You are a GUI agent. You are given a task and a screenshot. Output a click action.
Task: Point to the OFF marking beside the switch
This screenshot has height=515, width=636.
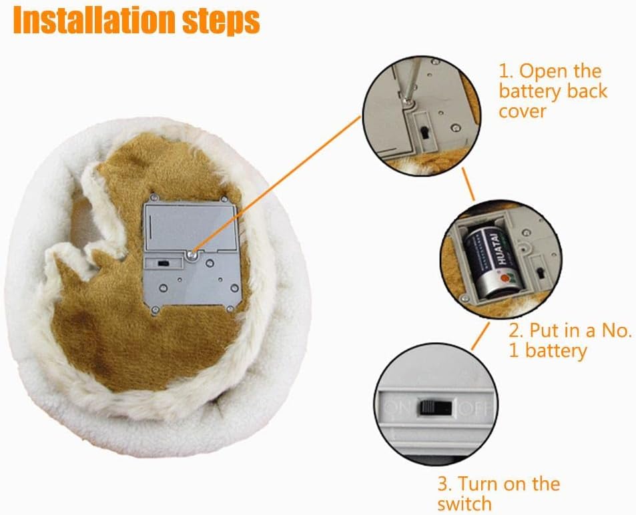point(475,409)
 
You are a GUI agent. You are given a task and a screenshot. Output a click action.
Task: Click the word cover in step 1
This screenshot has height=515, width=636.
point(523,111)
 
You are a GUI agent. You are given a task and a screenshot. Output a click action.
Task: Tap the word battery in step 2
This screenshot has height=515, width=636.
point(556,350)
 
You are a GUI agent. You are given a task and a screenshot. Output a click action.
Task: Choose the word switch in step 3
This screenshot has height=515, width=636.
point(464,504)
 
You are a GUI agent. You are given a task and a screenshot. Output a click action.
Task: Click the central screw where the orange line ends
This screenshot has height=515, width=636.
point(192,255)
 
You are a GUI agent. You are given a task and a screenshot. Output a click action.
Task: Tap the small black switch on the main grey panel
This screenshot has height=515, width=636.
point(164,264)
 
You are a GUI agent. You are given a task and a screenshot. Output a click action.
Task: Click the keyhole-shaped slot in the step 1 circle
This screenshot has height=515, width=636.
point(424,133)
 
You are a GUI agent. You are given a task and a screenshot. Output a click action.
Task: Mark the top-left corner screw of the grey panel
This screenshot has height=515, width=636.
point(153,197)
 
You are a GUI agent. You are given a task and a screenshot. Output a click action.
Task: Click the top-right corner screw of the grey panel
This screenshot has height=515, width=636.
point(224,199)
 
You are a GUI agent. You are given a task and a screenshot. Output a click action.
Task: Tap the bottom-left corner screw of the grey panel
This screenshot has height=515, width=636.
point(155,310)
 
